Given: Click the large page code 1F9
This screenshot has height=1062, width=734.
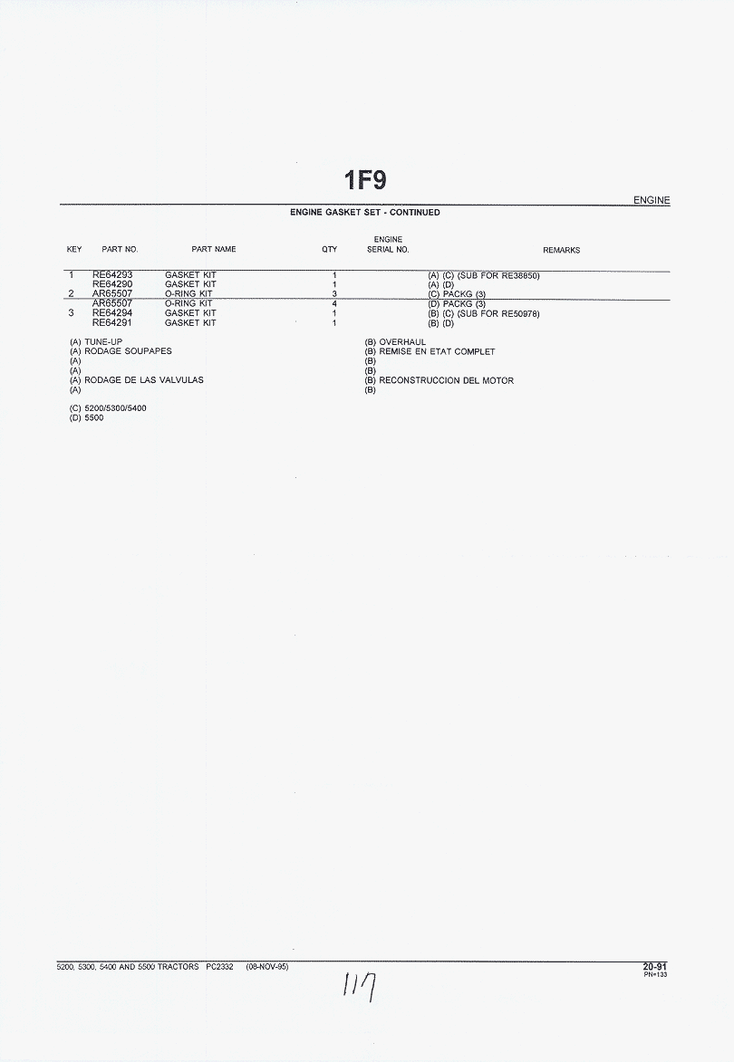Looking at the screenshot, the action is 365,180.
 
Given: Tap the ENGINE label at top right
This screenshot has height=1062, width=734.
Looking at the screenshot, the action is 652,200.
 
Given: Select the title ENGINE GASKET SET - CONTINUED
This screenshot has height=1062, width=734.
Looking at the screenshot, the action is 364,212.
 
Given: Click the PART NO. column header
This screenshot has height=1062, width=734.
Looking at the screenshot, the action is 120,249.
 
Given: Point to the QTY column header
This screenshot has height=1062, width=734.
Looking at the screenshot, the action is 329,249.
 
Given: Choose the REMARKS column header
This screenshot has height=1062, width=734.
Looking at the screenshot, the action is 561,250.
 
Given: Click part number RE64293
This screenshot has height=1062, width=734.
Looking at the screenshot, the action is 112,275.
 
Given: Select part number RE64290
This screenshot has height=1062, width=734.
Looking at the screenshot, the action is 112,284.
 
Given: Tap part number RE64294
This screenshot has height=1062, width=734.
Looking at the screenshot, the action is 112,313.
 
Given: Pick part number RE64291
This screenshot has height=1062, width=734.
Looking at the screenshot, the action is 112,322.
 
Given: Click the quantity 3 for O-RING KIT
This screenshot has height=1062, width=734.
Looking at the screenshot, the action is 334,294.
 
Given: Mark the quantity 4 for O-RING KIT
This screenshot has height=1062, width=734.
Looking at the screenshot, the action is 334,303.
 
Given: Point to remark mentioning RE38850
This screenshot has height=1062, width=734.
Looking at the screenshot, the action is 484,275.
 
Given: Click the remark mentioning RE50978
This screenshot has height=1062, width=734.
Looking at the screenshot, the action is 484,313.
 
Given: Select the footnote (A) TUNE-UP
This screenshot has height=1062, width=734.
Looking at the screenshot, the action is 96,342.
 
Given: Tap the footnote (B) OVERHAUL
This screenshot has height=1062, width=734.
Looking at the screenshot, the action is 395,342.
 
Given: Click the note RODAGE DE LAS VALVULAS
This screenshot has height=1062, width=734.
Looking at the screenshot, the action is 144,380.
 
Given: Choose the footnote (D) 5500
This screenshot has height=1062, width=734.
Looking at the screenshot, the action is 87,418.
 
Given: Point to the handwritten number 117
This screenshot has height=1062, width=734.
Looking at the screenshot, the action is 361,986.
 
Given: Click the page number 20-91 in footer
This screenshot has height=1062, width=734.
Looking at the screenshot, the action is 655,967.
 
